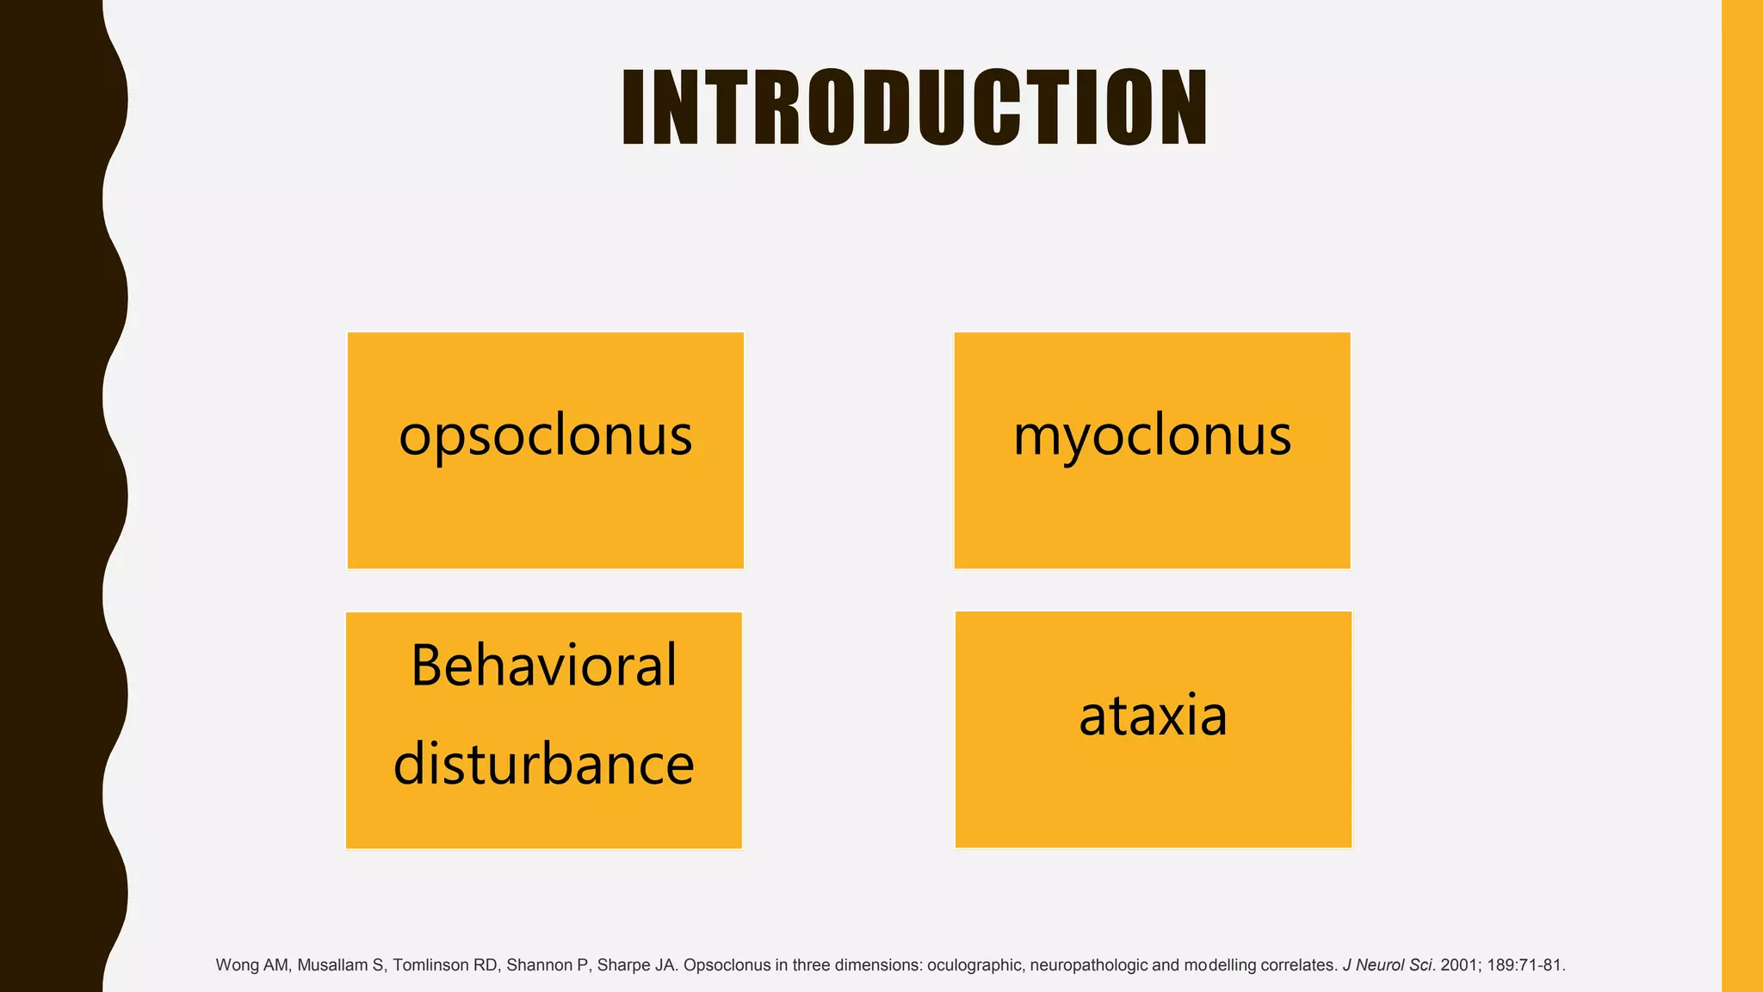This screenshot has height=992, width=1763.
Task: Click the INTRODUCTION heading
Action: pos(914,108)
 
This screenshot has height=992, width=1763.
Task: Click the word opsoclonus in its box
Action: pos(545,435)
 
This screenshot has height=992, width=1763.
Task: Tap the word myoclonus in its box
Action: pos(1152,435)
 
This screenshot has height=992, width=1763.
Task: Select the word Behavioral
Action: pos(544,666)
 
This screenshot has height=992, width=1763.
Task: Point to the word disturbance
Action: pos(544,764)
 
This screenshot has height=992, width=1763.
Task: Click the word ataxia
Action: pos(1153,715)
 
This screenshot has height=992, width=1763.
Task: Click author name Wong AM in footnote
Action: pos(251,965)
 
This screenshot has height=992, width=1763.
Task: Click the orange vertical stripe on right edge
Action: pos(1742,496)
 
